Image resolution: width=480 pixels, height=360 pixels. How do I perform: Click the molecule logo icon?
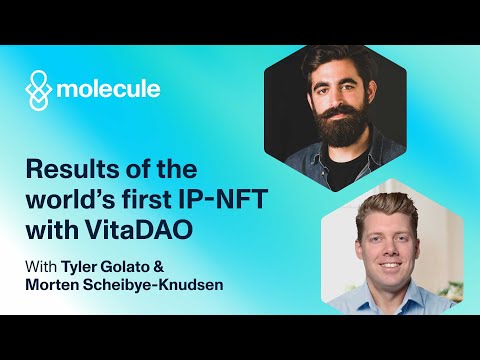[37, 90]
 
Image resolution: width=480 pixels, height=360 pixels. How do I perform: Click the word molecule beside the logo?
[108, 90]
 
